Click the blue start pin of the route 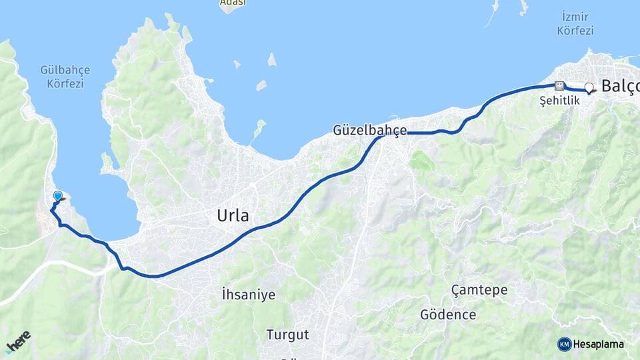[58, 196]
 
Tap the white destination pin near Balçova [589, 87]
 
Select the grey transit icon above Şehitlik [559, 85]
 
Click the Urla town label [233, 215]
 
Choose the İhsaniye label [248, 295]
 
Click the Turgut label [287, 334]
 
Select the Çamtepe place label [479, 290]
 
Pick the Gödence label [448, 314]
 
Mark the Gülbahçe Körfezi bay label [65, 76]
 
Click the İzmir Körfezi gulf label [575, 23]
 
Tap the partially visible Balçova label [620, 86]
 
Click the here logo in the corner [18, 342]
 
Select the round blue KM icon [565, 344]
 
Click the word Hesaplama [599, 344]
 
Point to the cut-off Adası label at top [233, 3]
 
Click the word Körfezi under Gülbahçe [65, 83]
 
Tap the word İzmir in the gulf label [575, 16]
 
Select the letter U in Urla [222, 215]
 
